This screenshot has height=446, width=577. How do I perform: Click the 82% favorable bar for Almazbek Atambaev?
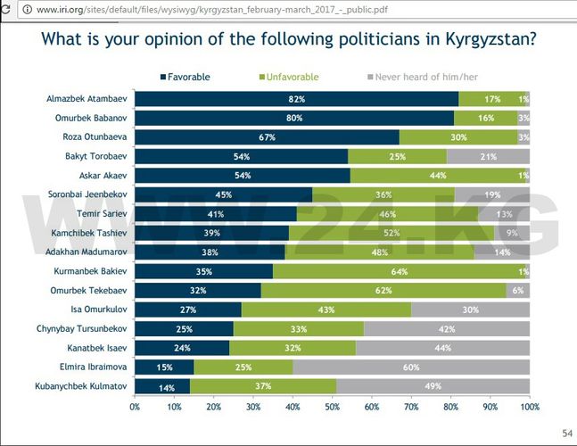click(x=296, y=99)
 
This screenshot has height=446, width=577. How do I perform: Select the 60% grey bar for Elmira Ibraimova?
click(x=411, y=367)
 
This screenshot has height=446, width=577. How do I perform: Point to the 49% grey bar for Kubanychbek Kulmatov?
click(x=433, y=385)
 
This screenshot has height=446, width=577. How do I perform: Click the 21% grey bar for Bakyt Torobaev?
click(x=488, y=156)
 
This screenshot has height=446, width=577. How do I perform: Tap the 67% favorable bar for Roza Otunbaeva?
click(x=267, y=137)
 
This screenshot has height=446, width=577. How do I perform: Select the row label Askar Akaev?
click(x=99, y=176)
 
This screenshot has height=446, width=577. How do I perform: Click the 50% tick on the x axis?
click(x=333, y=407)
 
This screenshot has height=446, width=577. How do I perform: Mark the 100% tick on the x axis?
click(x=530, y=407)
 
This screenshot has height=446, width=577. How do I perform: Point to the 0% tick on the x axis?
click(x=135, y=407)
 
